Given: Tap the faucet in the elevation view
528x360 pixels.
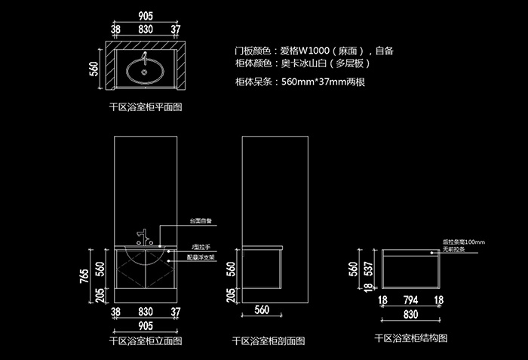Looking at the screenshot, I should pos(141,236).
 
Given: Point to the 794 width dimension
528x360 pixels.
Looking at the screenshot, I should pos(411,301).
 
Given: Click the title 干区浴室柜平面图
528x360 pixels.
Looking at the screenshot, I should pos(146,108).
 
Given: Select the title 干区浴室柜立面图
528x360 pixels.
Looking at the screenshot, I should pos(146,340).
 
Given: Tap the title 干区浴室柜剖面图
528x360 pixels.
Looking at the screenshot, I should pos(269,340).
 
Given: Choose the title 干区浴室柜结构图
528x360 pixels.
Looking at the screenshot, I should pos(411,338).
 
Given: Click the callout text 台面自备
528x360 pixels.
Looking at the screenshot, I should pos(201,221).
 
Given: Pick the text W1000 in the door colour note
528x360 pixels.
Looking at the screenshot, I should pos(305,51).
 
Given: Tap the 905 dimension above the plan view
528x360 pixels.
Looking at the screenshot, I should pos(146,15).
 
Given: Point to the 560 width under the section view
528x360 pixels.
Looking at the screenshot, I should pos(261,309).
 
